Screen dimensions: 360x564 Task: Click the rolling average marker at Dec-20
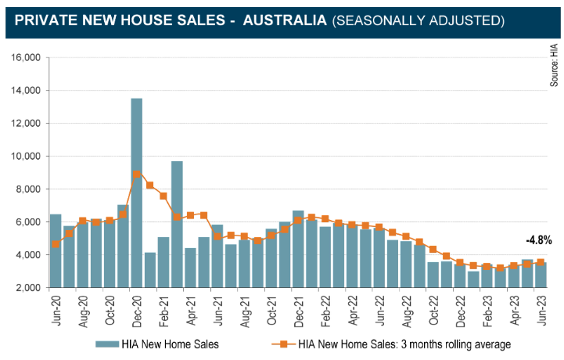tap(136, 175)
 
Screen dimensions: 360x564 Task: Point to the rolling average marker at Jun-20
tap(56, 244)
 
